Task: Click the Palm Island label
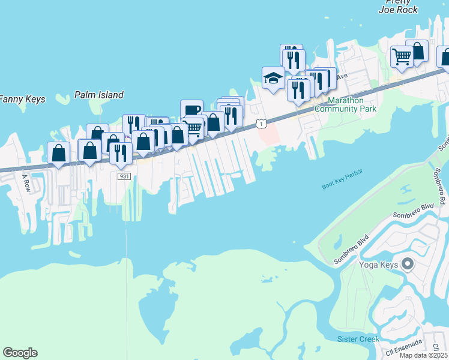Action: (x=99, y=95)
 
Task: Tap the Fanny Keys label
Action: (x=22, y=99)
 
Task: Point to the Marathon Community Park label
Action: (x=345, y=105)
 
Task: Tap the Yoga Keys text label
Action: (x=379, y=265)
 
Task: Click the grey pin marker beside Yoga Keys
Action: (x=408, y=264)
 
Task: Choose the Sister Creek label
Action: (x=358, y=340)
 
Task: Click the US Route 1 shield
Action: (x=261, y=123)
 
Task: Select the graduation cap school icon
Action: (x=273, y=77)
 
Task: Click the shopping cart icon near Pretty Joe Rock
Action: (x=402, y=57)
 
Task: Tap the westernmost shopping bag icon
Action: (x=58, y=152)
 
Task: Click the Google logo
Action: (x=20, y=353)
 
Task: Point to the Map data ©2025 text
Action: (x=423, y=355)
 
